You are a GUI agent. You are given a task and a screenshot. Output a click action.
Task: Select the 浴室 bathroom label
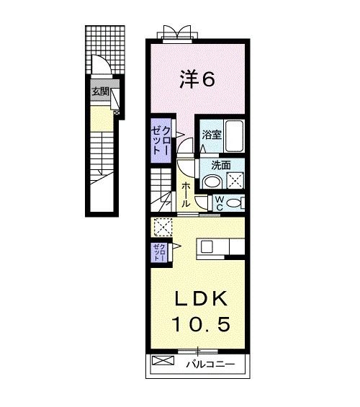click(212, 135)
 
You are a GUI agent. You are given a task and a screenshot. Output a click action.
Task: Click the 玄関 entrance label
click(100, 91)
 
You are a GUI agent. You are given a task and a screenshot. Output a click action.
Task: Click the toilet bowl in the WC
click(233, 204)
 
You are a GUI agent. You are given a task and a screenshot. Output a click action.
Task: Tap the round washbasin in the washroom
click(211, 182)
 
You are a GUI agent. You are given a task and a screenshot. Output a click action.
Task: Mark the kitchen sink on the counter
click(207, 247)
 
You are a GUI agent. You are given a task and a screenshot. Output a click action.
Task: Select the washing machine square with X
click(234, 180)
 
